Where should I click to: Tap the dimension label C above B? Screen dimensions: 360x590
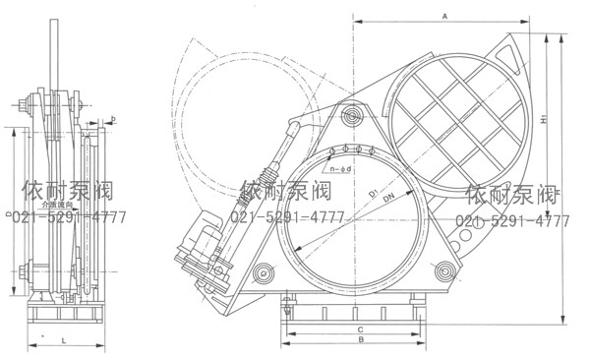pyautogui.click(x=362, y=328)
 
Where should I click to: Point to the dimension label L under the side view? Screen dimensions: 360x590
pyautogui.click(x=62, y=338)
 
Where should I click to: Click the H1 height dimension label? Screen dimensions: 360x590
pyautogui.click(x=544, y=122)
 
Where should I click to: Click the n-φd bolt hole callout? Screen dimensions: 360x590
pyautogui.click(x=344, y=169)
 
